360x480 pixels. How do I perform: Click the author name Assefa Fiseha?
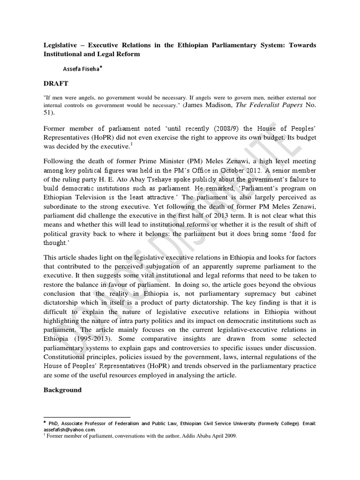tap(82, 69)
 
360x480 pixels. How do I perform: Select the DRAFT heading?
tap(57, 83)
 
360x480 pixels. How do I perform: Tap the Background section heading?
tap(62, 390)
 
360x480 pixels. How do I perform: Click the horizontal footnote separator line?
tap(87, 416)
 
